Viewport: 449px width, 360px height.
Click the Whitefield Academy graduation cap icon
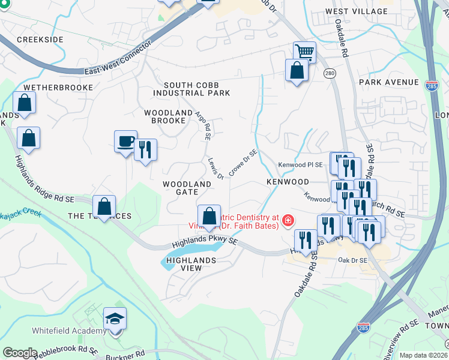pyautogui.click(x=115, y=318)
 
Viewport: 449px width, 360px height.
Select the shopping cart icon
pyautogui.click(x=305, y=52)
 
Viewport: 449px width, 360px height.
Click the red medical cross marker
pyautogui.click(x=288, y=221)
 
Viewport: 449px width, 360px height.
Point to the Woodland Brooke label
pyautogui.click(x=164, y=116)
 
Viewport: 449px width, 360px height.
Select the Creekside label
pyautogui.click(x=40, y=39)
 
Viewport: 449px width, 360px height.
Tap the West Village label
pyautogui.click(x=357, y=11)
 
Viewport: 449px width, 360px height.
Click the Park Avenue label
pyautogui.click(x=389, y=82)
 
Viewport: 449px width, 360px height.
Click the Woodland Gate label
pyautogui.click(x=187, y=187)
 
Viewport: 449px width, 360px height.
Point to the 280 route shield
pyautogui.click(x=330, y=73)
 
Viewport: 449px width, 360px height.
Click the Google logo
pyautogui.click(x=20, y=353)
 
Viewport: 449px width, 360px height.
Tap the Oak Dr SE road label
pyautogui.click(x=352, y=260)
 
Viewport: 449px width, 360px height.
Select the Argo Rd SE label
pyautogui.click(x=203, y=125)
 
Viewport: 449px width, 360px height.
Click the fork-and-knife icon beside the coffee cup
pyautogui.click(x=145, y=150)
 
